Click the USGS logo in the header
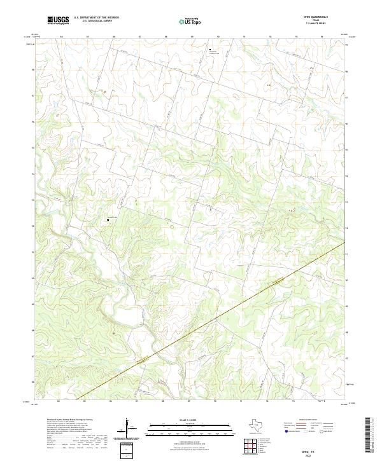[x=58, y=20]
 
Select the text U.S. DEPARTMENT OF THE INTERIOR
[x=96, y=17]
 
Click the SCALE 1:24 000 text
[x=191, y=419]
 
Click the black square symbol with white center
[x=108, y=221]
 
